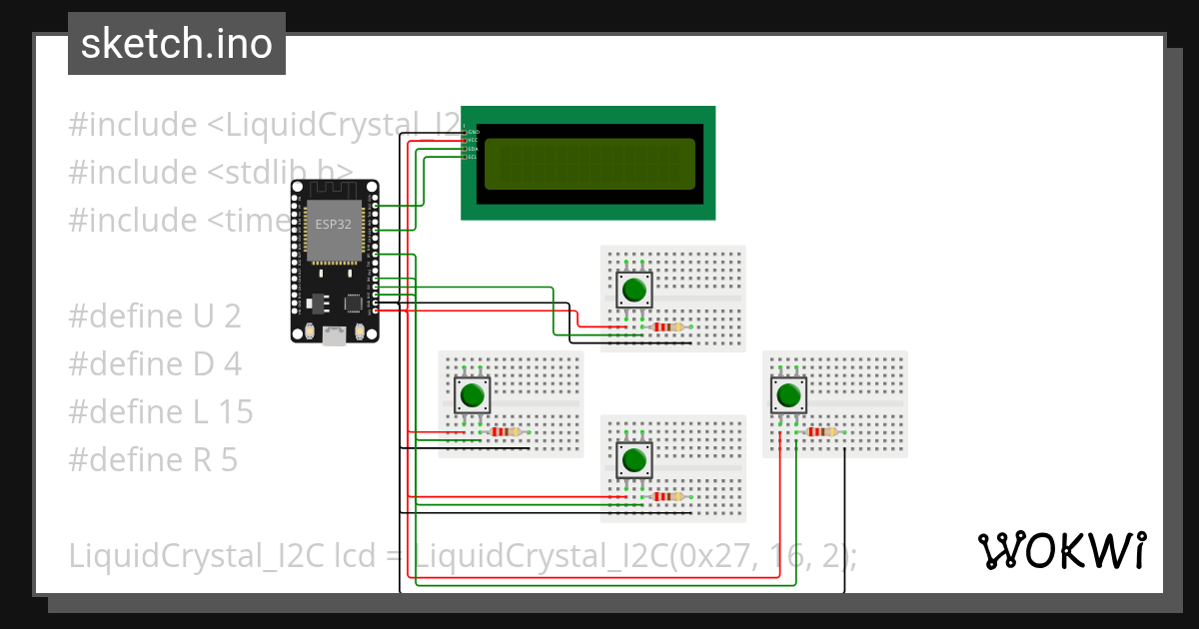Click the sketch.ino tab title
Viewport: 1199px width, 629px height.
(x=177, y=44)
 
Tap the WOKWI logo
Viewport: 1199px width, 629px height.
(x=1060, y=550)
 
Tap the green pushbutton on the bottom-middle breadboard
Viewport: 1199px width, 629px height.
(x=633, y=460)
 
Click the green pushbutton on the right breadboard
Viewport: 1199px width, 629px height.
(x=789, y=395)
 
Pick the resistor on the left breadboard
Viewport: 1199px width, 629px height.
(x=506, y=431)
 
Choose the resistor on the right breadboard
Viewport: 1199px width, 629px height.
(x=821, y=431)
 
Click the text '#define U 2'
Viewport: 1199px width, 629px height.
(x=155, y=316)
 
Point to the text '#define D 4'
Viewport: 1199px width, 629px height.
(x=155, y=364)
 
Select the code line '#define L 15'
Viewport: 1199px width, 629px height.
(x=161, y=411)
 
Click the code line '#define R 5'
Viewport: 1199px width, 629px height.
(x=153, y=459)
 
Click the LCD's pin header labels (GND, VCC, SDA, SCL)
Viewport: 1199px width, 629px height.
(x=473, y=144)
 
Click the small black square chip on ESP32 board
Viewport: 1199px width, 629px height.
(x=352, y=302)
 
